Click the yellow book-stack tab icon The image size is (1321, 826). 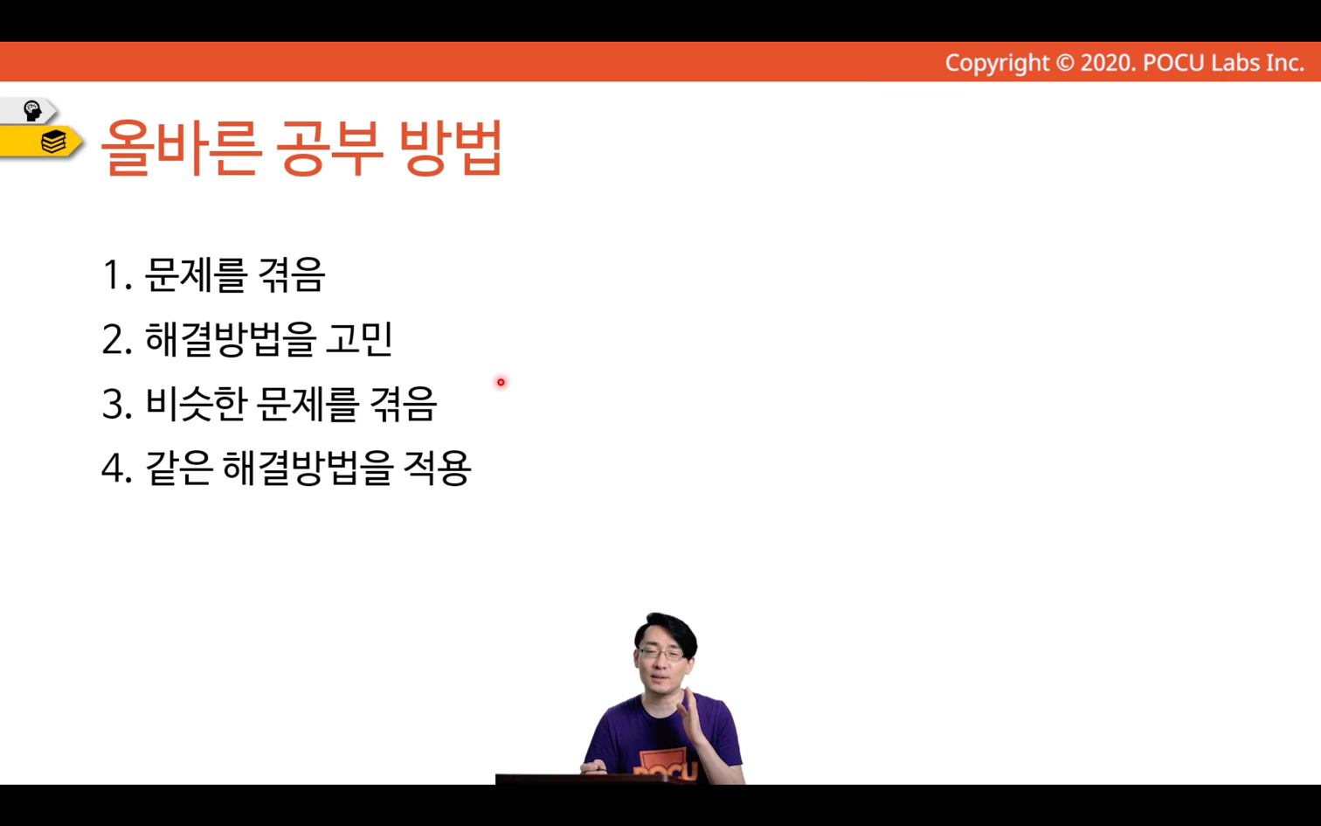tap(53, 142)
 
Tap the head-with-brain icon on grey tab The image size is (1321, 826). tap(31, 111)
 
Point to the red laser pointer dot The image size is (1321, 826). tap(501, 382)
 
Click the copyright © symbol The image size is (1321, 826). tap(1064, 63)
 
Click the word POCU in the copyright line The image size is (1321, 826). tap(1173, 63)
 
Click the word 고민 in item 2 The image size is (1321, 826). tap(359, 338)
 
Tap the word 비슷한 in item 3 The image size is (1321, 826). tap(195, 404)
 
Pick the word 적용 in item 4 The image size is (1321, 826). tap(437, 469)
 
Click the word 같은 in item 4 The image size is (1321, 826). tap(179, 469)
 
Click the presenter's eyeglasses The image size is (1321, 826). tap(661, 654)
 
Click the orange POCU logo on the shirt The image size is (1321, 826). tap(665, 767)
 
